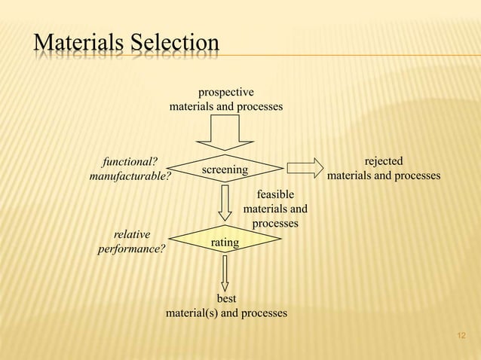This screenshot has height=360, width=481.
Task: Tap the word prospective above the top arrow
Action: tap(225, 93)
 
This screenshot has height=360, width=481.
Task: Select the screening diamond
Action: tap(225, 169)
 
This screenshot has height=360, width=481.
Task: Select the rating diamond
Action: tap(225, 242)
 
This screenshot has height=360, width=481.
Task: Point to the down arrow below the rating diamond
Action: tap(225, 274)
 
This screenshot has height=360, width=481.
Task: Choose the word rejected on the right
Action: tap(383, 161)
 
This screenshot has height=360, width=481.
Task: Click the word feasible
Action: tap(275, 194)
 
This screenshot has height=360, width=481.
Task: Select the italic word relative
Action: tap(131, 234)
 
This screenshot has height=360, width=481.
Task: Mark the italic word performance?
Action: tap(131, 249)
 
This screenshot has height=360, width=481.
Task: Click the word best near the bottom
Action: tap(227, 299)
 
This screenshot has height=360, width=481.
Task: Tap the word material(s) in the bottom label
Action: tap(193, 313)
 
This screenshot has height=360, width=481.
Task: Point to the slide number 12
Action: tap(462, 334)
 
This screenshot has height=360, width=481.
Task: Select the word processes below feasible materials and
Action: tap(275, 224)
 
